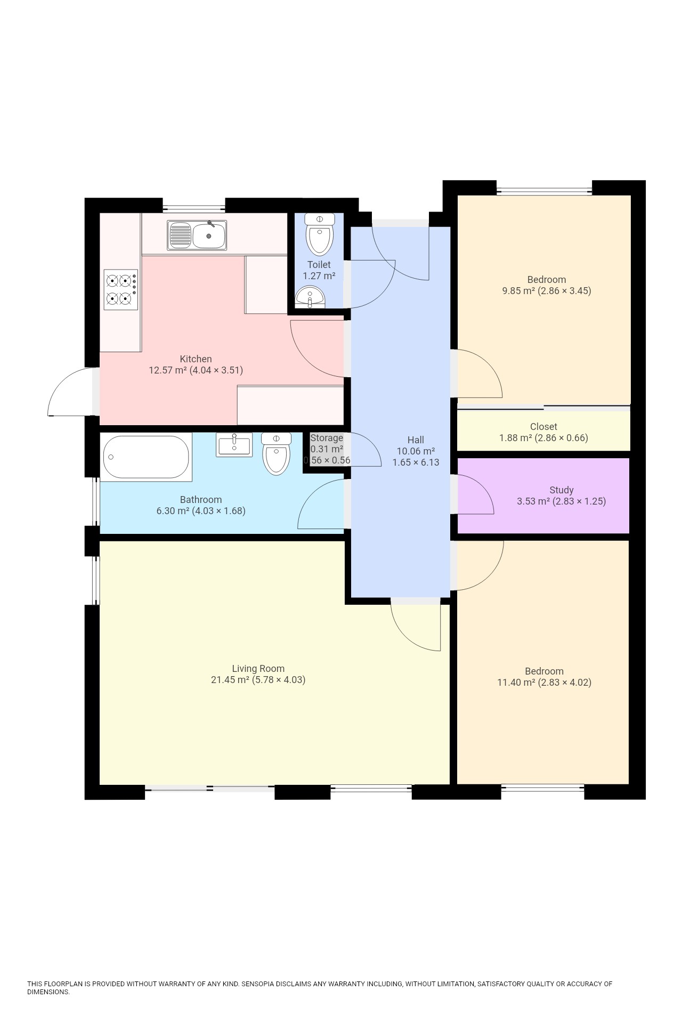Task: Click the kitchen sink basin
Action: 208,236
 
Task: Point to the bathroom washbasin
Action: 234,444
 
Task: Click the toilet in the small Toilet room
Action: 320,237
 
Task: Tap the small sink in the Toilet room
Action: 310,297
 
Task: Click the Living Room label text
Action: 258,668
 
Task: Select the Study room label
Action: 561,490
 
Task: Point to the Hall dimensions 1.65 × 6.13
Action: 416,462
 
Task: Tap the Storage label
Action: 327,438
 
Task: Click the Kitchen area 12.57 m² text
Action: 168,370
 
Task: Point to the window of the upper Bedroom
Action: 544,189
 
